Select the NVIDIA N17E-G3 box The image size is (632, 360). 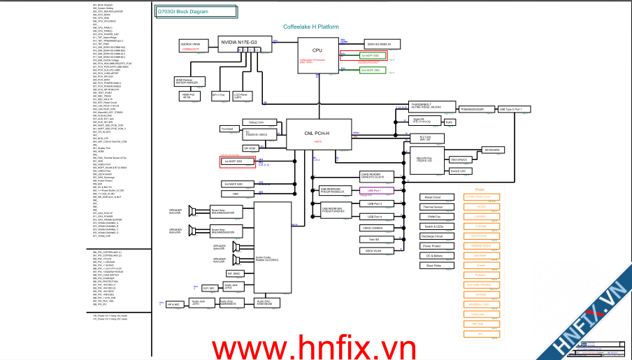240,43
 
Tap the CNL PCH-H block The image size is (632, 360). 317,134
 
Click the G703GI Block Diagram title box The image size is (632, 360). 182,13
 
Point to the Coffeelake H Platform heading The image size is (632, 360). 311,27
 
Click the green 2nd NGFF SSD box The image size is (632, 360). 371,71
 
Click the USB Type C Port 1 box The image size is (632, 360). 514,110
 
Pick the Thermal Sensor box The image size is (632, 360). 433,207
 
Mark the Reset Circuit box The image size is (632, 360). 433,197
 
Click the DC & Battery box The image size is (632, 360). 433,256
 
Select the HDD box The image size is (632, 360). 236,194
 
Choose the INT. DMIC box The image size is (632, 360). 233,274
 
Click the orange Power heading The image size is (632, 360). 480,189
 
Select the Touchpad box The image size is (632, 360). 227,129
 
